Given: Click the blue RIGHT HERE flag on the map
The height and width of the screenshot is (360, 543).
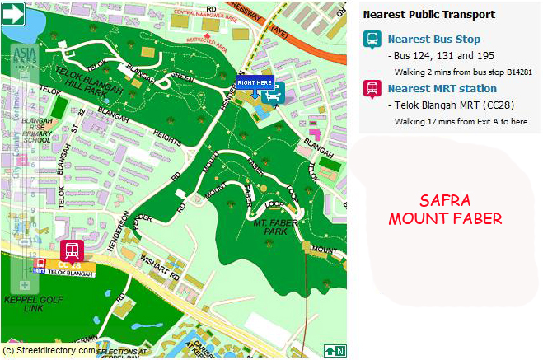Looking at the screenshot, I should click(254, 82).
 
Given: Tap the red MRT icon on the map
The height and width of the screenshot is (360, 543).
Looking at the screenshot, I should click(71, 250).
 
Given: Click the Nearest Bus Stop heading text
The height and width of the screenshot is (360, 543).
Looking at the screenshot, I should click(433, 40).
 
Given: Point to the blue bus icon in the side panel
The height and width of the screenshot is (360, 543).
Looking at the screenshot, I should click(372, 40).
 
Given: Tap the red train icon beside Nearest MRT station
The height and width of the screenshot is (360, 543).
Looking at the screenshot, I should click(372, 89).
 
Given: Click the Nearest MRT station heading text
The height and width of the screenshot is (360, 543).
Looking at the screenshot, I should click(442, 88).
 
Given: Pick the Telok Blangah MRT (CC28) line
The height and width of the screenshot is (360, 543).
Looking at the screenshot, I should click(442, 105).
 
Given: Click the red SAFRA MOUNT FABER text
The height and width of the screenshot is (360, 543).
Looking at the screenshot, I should click(445, 210).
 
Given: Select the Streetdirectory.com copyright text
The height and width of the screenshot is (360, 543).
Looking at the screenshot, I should click(49, 350).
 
